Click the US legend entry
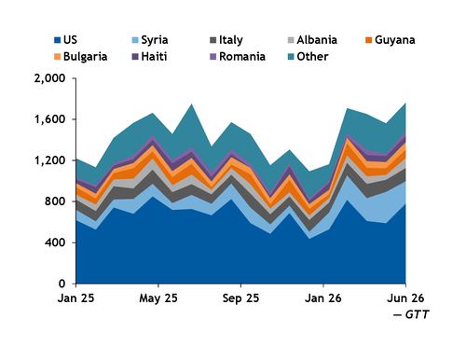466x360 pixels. click(65, 40)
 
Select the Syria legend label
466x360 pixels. click(150, 40)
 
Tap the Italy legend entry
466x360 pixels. click(226, 40)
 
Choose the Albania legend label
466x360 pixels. click(312, 40)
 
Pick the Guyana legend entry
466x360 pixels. click(391, 40)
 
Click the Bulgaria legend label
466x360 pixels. click(81, 57)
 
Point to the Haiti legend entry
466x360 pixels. click(149, 56)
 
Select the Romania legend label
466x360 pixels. click(238, 56)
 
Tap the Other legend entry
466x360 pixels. click(308, 56)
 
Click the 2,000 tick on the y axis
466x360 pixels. click(49, 78)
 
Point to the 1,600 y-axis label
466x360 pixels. click(49, 119)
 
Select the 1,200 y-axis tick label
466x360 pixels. click(49, 160)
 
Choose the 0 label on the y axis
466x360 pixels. click(62, 284)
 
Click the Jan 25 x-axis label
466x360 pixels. click(75, 298)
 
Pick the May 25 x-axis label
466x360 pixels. click(158, 298)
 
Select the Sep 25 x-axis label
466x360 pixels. click(240, 298)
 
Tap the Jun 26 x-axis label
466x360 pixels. click(405, 298)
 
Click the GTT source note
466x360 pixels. click(411, 314)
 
